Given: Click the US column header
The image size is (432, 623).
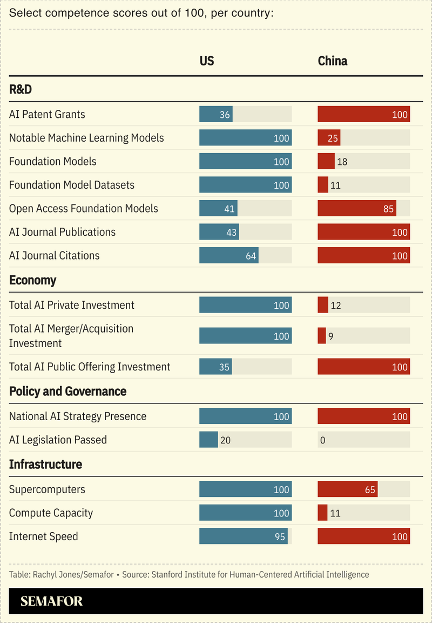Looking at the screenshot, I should click(x=207, y=61).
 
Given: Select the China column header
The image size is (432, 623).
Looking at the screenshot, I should click(x=332, y=61).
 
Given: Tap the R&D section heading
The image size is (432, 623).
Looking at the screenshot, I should click(x=21, y=90).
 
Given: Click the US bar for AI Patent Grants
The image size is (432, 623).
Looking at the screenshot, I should click(x=216, y=114).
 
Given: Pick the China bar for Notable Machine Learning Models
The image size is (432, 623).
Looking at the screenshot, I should click(x=329, y=138).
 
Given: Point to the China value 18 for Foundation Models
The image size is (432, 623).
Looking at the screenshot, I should click(x=342, y=162).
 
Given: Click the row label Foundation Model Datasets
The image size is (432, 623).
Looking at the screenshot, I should click(x=72, y=185).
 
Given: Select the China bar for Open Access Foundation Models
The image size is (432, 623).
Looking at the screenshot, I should click(x=357, y=208).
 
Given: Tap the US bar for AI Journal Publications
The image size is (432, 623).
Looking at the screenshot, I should click(x=219, y=232).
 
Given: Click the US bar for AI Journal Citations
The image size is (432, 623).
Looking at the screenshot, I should click(x=229, y=255).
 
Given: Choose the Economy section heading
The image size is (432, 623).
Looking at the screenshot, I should click(x=32, y=281).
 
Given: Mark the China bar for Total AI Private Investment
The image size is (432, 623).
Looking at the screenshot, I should click(x=323, y=305).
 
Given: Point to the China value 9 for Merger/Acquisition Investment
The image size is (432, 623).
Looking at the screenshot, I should click(x=331, y=336).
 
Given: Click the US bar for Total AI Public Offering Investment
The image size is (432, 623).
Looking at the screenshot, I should click(x=215, y=367).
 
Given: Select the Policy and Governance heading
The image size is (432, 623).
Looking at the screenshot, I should click(x=67, y=392).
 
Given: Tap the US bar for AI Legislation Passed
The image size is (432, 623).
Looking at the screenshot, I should click(x=208, y=440).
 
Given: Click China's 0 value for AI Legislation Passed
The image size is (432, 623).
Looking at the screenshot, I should click(x=322, y=440).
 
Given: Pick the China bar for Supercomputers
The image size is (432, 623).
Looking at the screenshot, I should click(x=347, y=489).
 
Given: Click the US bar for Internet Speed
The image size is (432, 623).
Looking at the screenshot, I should click(x=244, y=536).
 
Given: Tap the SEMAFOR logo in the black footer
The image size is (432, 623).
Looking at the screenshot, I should click(x=52, y=601).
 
